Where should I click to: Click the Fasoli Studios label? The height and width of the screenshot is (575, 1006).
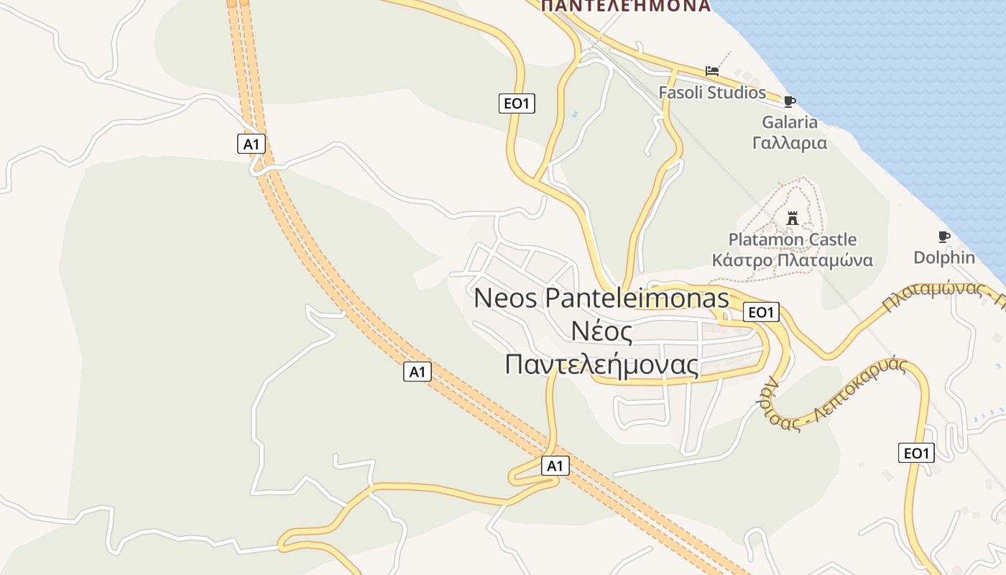click(712, 93)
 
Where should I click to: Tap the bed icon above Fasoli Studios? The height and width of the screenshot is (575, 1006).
click(712, 70)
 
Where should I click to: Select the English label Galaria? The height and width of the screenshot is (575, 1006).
click(790, 122)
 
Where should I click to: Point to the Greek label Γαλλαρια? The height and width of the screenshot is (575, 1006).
click(790, 143)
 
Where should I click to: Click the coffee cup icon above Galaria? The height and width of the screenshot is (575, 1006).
click(790, 101)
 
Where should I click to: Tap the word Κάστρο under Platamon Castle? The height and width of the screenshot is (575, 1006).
click(742, 260)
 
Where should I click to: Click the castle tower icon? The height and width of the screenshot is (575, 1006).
click(793, 218)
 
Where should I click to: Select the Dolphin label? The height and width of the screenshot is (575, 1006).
click(944, 257)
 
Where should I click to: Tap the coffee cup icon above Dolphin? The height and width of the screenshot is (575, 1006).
click(944, 236)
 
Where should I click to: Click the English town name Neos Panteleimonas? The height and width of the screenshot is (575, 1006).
click(601, 298)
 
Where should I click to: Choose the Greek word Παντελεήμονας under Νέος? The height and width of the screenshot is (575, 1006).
click(601, 364)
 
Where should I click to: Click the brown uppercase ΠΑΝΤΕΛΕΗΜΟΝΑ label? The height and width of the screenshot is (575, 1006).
click(625, 6)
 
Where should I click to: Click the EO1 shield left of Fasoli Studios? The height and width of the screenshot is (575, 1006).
click(517, 103)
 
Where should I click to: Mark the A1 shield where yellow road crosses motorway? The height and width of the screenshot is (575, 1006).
click(555, 466)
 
